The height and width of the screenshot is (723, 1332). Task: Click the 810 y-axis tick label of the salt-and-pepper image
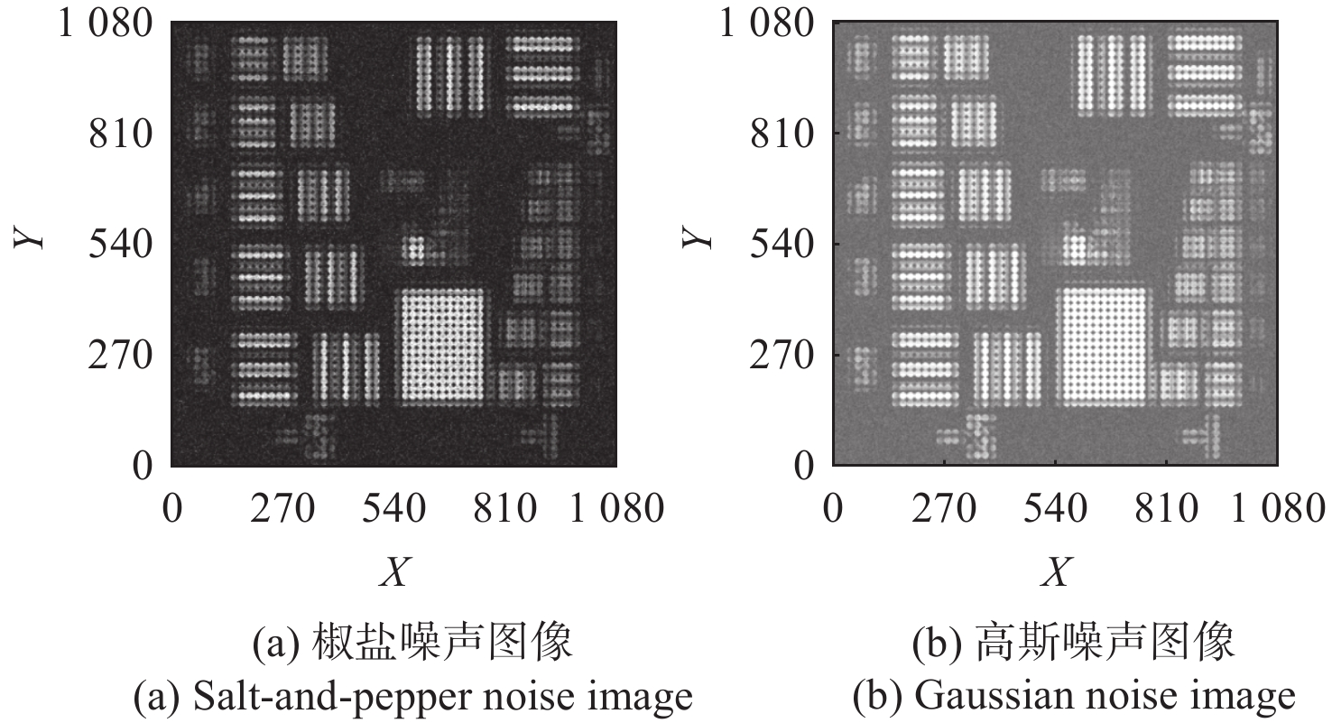[x=121, y=134]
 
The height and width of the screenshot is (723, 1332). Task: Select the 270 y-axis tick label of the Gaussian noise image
[x=782, y=356]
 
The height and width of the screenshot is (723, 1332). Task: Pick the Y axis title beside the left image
[x=28, y=237]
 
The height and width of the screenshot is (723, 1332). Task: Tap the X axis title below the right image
[x=1057, y=572]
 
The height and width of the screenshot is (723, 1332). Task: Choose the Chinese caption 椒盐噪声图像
[x=442, y=642]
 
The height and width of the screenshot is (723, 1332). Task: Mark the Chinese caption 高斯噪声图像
[x=1105, y=642]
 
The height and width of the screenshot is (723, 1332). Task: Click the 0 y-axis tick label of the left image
[x=143, y=466]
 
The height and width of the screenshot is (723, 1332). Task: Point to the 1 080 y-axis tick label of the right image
[x=767, y=24]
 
